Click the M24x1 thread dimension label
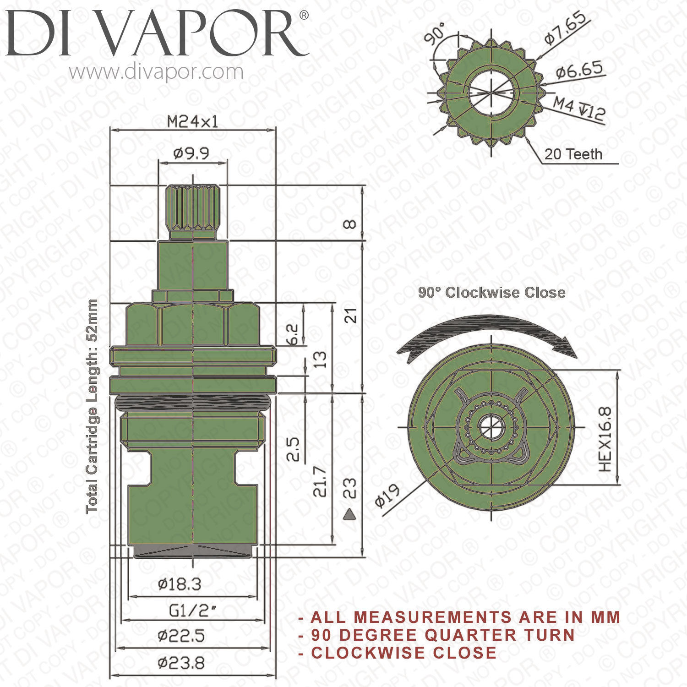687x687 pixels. [x=192, y=122]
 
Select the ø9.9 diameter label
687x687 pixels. [x=191, y=153]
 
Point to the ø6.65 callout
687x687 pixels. [x=579, y=71]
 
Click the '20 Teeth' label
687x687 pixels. [x=573, y=154]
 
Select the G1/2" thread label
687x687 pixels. [x=192, y=611]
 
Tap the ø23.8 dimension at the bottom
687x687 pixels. [x=181, y=663]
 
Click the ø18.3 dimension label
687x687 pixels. [x=180, y=584]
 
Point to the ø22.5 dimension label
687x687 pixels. [x=181, y=636]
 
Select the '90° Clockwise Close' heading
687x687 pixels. [x=491, y=292]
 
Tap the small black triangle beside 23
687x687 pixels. [x=349, y=515]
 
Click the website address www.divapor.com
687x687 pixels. [x=156, y=72]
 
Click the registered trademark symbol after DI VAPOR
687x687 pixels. [x=304, y=15]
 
